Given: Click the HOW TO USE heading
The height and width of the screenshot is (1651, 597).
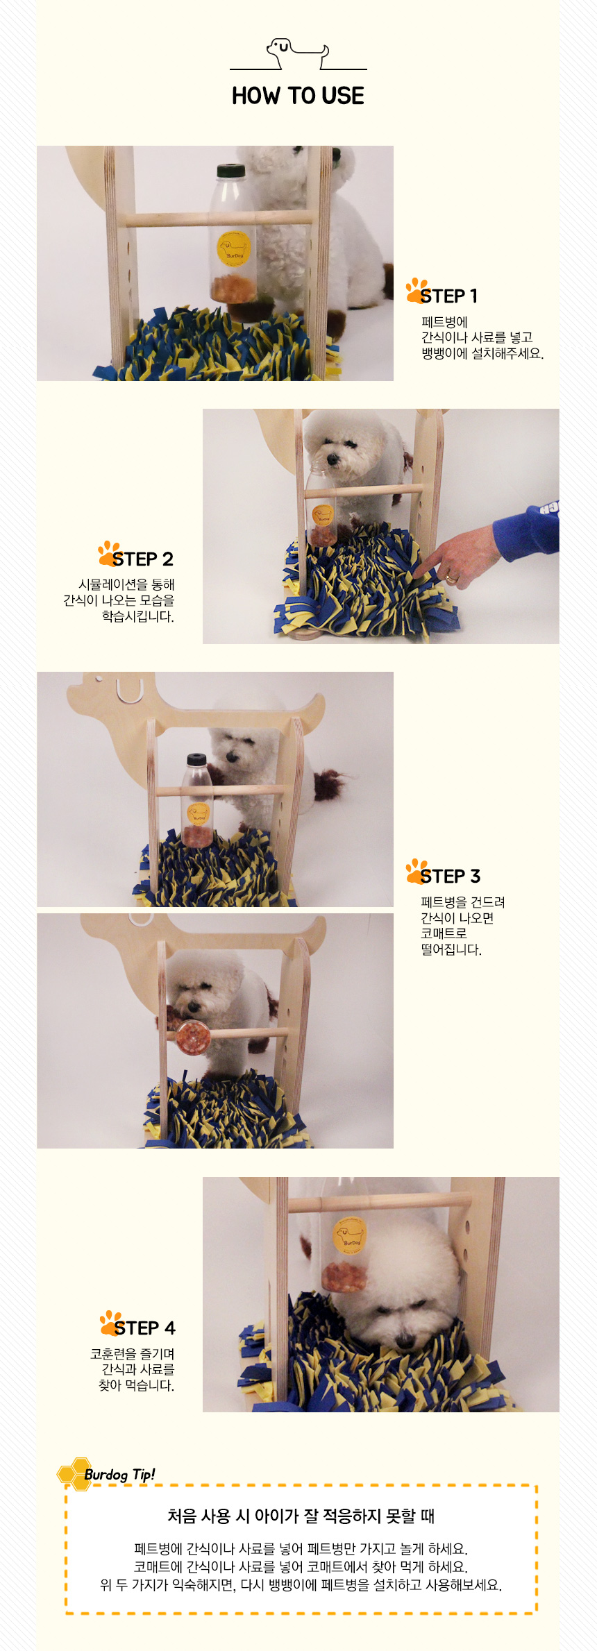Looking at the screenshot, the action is click(x=298, y=96).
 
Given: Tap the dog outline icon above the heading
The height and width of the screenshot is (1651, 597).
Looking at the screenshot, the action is click(x=298, y=54).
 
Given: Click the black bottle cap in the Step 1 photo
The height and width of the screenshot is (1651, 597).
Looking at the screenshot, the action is click(x=230, y=171).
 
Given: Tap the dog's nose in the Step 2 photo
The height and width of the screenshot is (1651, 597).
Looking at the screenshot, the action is click(x=332, y=459).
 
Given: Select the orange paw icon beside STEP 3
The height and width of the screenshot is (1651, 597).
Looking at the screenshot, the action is click(x=417, y=871).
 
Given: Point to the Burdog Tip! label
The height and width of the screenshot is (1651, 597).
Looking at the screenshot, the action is click(x=119, y=1475).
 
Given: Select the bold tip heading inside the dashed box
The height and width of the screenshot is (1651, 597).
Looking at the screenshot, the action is click(x=301, y=1516).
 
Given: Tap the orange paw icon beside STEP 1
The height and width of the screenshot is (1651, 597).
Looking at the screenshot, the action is click(x=417, y=290).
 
